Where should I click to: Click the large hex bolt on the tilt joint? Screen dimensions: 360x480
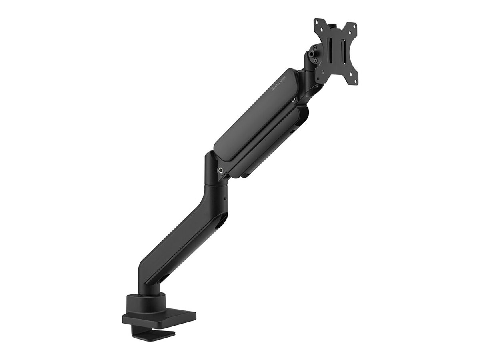click(x=312, y=54)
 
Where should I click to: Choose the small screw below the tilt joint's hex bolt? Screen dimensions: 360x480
click(x=315, y=60)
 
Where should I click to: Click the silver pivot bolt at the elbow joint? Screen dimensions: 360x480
click(x=220, y=170)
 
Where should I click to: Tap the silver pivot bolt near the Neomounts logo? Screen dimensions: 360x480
click(x=294, y=100)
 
